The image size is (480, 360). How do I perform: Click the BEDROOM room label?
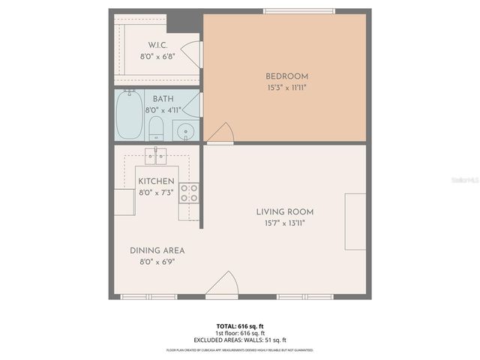[286, 76]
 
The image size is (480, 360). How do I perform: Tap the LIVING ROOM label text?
[285, 211]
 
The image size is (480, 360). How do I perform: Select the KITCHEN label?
[156, 181]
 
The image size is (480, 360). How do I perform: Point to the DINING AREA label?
[157, 250]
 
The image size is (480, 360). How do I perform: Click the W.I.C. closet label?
[157, 45]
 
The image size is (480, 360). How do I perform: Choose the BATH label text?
[163, 99]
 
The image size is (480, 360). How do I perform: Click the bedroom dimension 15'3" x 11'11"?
[286, 88]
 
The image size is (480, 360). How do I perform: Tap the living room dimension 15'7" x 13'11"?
[285, 223]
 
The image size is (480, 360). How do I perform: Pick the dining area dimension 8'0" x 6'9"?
[157, 262]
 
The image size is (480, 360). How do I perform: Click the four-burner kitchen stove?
[189, 193]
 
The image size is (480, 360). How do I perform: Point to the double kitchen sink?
[156, 155]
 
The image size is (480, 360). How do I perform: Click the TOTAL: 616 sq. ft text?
[240, 325]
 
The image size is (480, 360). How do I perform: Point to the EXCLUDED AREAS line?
[240, 340]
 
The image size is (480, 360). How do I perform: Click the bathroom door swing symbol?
[193, 106]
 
